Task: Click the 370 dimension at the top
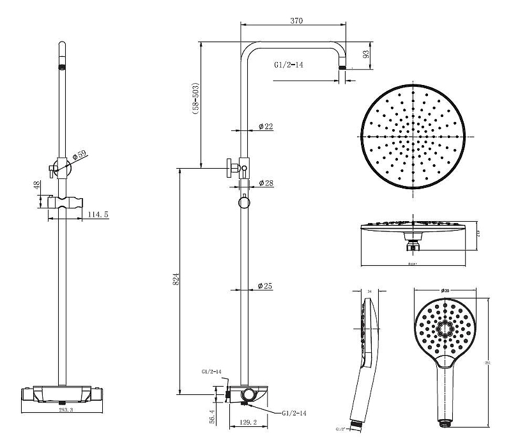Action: pos(296,21)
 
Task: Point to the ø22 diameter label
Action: pos(266,127)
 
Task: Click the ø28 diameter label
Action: pos(266,183)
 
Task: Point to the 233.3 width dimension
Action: pos(66,410)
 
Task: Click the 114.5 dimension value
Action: pos(98,214)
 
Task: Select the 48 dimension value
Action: pos(37,185)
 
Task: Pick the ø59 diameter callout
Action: pos(80,155)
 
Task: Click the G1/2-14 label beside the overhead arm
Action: pos(288,65)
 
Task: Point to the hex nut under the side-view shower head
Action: pos(414,241)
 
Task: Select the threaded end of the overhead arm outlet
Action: pos(344,67)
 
